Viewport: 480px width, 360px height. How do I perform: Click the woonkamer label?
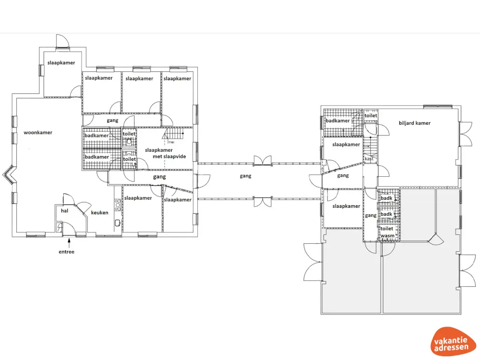pyautogui.click(x=38, y=133)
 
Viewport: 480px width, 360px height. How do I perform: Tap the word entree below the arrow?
pyautogui.click(x=66, y=252)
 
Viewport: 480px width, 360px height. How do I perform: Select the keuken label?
pyautogui.click(x=99, y=212)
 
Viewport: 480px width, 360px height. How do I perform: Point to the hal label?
pyautogui.click(x=65, y=211)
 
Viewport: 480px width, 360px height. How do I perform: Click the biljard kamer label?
pyautogui.click(x=414, y=123)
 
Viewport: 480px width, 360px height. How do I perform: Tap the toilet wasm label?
pyautogui.click(x=387, y=232)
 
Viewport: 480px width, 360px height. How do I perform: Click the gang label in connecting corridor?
pyautogui.click(x=245, y=176)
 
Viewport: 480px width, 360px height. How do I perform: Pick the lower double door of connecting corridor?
pyautogui.click(x=262, y=202)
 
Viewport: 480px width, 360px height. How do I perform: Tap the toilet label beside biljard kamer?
pyautogui.click(x=371, y=115)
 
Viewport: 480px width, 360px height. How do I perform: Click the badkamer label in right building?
pyautogui.click(x=338, y=120)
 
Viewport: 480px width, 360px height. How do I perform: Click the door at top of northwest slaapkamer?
pyautogui.click(x=63, y=42)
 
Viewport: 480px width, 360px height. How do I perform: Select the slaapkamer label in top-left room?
pyautogui.click(x=61, y=62)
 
